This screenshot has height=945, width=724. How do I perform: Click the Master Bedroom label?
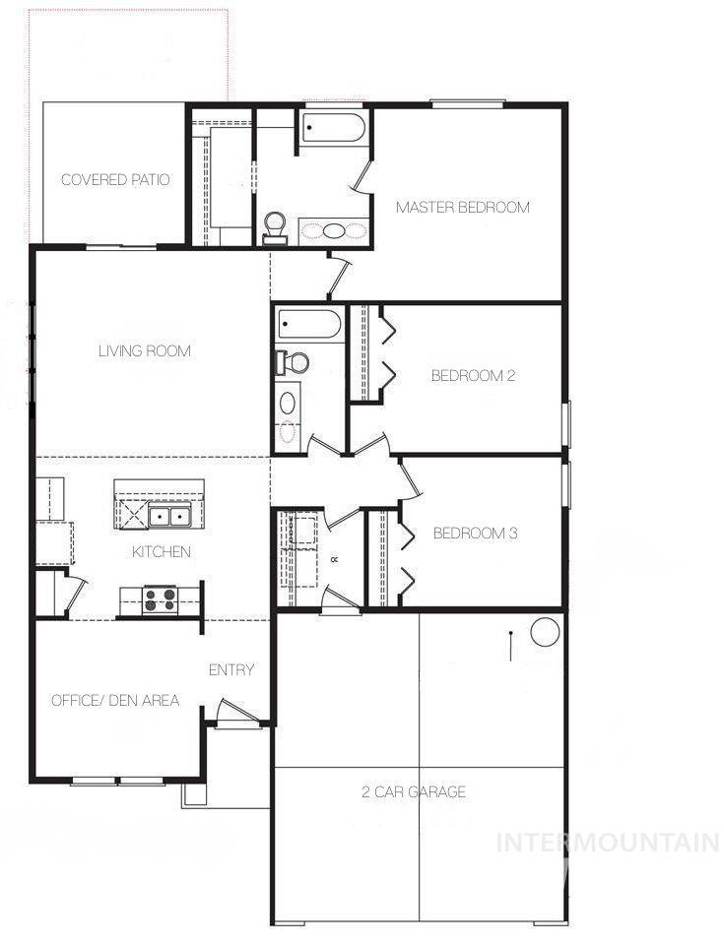[x=462, y=208]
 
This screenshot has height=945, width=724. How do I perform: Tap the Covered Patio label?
[x=115, y=180]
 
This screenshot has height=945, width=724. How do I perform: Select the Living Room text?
[x=145, y=351]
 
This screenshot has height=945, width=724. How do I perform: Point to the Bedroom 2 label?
[x=474, y=375]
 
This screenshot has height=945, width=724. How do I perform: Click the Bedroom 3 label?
[x=476, y=534]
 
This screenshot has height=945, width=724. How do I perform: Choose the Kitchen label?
[x=162, y=552]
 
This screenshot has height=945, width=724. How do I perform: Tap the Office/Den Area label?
[x=115, y=701]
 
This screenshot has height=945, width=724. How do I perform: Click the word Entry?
[x=231, y=670]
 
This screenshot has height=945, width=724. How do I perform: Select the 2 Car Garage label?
[x=415, y=792]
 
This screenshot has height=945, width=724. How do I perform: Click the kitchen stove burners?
[x=160, y=599]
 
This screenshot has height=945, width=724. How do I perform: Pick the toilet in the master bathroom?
[x=275, y=227]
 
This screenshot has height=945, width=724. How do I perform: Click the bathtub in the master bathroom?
[x=333, y=129]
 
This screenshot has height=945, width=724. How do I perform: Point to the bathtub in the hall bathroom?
[x=309, y=323]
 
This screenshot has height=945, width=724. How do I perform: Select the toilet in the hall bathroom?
[x=293, y=362]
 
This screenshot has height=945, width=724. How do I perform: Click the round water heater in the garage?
[x=545, y=631]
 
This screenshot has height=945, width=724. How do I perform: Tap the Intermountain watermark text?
[x=608, y=843]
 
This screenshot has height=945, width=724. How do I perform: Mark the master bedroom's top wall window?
[x=468, y=102]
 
